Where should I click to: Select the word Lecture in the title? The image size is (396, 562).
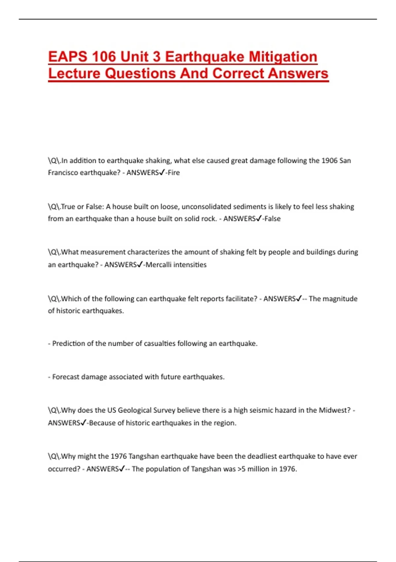(x=74, y=73)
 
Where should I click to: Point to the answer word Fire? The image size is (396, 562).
(x=174, y=173)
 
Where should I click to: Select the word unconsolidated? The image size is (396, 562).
(x=207, y=207)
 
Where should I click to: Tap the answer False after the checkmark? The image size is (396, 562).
(x=273, y=219)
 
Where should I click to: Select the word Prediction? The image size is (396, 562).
(x=69, y=343)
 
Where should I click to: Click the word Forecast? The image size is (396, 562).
(x=66, y=377)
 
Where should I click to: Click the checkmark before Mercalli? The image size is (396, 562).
(x=140, y=264)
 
